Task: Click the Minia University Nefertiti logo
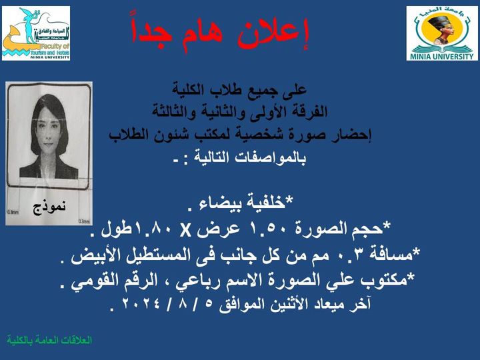click(x=442, y=33)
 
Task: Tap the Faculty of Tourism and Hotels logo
click(x=36, y=33)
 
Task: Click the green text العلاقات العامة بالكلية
click(x=49, y=340)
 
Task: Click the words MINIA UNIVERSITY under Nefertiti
click(x=442, y=56)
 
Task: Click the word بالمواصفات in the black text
click(x=269, y=158)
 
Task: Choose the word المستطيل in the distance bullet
click(x=158, y=255)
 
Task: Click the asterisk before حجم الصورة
click(x=387, y=225)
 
